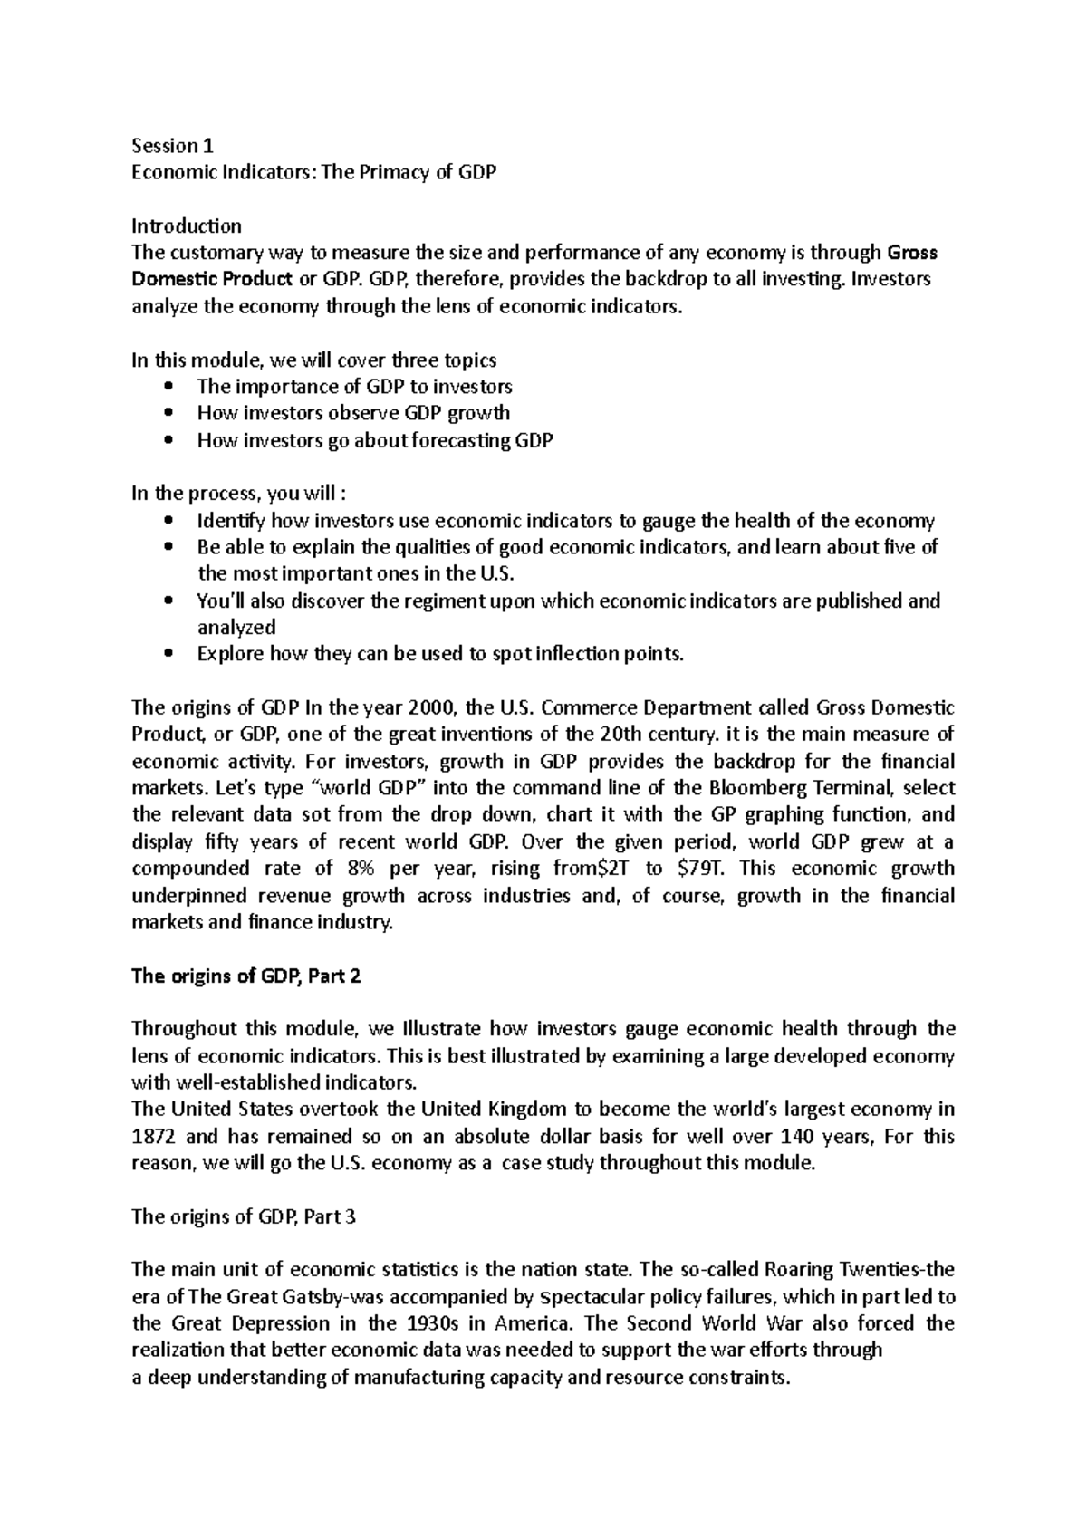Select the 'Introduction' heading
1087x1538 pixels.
pos(187,226)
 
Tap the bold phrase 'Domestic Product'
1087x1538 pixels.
pos(212,279)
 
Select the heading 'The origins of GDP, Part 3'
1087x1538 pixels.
pos(244,1216)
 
